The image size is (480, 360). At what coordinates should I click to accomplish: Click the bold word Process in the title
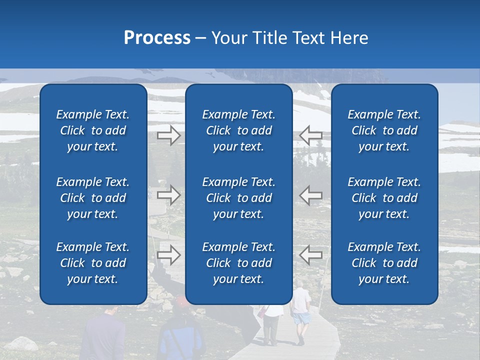click(157, 38)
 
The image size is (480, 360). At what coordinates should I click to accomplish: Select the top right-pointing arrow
click(169, 135)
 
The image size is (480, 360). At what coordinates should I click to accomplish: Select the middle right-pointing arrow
click(169, 195)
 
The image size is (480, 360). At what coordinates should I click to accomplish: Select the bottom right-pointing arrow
click(169, 255)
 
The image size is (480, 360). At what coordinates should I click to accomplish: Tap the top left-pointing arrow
click(310, 135)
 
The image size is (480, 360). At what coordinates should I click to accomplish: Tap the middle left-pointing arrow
click(310, 195)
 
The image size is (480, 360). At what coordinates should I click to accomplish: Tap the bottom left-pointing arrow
click(310, 255)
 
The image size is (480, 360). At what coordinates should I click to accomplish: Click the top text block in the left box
click(93, 130)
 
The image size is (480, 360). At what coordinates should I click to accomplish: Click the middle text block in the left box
click(93, 198)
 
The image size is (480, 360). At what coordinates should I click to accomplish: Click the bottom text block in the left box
click(93, 263)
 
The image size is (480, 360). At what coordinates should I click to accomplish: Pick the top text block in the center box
click(238, 130)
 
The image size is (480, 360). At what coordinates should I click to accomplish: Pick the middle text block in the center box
click(238, 198)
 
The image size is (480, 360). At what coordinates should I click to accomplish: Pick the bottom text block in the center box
click(238, 263)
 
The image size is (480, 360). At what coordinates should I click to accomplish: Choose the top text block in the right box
click(384, 130)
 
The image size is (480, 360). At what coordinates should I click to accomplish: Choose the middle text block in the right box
click(384, 198)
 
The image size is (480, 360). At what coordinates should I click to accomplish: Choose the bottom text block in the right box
click(384, 263)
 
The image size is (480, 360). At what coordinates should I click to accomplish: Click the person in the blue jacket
click(181, 335)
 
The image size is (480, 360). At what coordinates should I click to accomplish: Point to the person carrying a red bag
click(270, 320)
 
